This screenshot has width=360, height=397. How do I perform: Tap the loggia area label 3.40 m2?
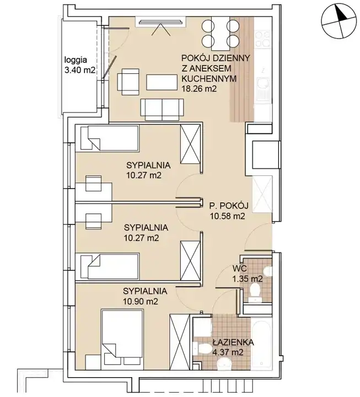(80, 70)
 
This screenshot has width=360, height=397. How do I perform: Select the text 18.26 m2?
(199, 89)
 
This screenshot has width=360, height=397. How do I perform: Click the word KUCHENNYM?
(209, 78)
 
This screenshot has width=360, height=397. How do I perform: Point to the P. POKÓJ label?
(229, 206)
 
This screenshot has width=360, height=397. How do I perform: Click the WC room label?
(239, 268)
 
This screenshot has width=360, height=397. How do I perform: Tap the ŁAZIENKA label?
(233, 342)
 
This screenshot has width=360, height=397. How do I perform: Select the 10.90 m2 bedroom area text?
(141, 301)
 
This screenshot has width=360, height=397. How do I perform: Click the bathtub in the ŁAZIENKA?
(261, 342)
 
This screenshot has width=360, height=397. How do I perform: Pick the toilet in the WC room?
(255, 292)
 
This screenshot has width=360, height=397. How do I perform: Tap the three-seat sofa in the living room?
(162, 109)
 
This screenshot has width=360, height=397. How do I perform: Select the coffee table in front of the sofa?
(162, 82)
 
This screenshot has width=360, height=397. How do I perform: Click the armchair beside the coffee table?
(128, 82)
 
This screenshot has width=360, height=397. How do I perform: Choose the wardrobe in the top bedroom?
(190, 144)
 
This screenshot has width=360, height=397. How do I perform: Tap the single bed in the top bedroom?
(110, 138)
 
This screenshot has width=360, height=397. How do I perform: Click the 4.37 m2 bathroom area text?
(228, 352)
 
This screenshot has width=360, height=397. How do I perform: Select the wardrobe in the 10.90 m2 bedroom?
(180, 342)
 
